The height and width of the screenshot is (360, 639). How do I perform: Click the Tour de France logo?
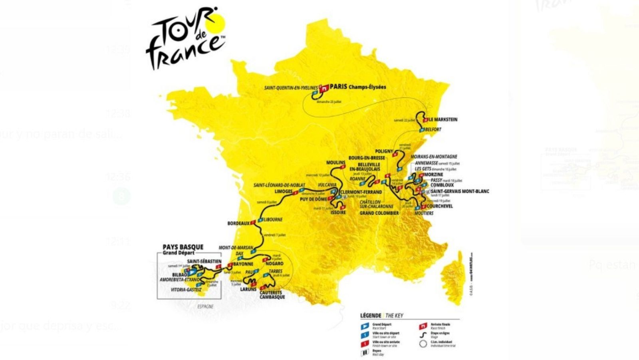pos(185,38)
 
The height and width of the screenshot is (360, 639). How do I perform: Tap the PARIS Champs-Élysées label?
pos(358,87)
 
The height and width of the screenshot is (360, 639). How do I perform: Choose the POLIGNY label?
pos(384,151)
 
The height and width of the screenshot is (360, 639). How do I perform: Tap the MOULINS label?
pos(335,163)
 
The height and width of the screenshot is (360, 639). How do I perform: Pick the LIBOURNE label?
pos(273,220)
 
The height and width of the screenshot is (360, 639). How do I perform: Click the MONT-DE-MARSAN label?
pos(236,248)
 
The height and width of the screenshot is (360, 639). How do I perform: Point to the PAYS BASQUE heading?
pos(183,247)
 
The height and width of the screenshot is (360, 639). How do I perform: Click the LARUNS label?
pos(248,289)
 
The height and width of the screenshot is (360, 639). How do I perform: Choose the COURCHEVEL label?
pos(440,206)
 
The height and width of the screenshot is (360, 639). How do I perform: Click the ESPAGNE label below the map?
pos(205,306)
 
